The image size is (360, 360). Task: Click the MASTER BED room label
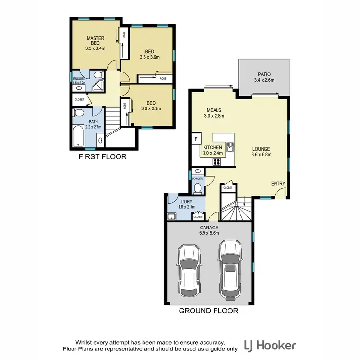coord(96,41)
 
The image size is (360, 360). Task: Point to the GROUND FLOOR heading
coord(208,311)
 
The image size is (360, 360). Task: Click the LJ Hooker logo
coord(270,345)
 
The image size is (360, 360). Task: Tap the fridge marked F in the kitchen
coord(196,139)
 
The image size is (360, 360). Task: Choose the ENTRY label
coord(278,184)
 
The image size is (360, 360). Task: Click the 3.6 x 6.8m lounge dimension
coord(262,155)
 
